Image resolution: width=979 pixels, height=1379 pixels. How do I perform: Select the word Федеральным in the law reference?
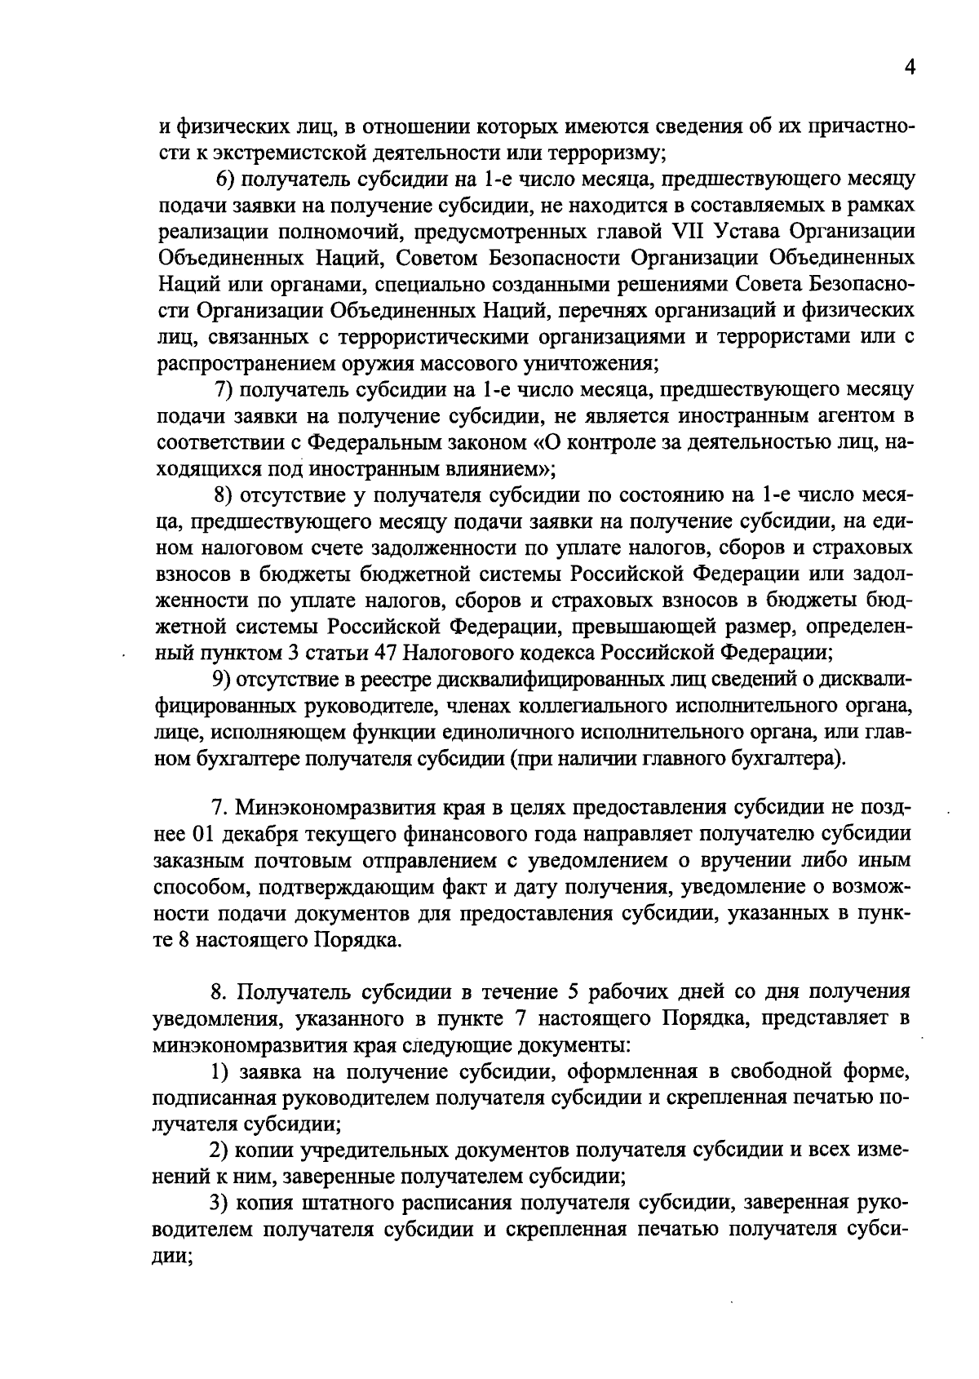click(377, 442)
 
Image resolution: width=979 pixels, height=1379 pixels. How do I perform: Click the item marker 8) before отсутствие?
click(224, 495)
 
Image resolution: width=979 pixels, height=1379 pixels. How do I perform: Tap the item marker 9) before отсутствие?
click(224, 680)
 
